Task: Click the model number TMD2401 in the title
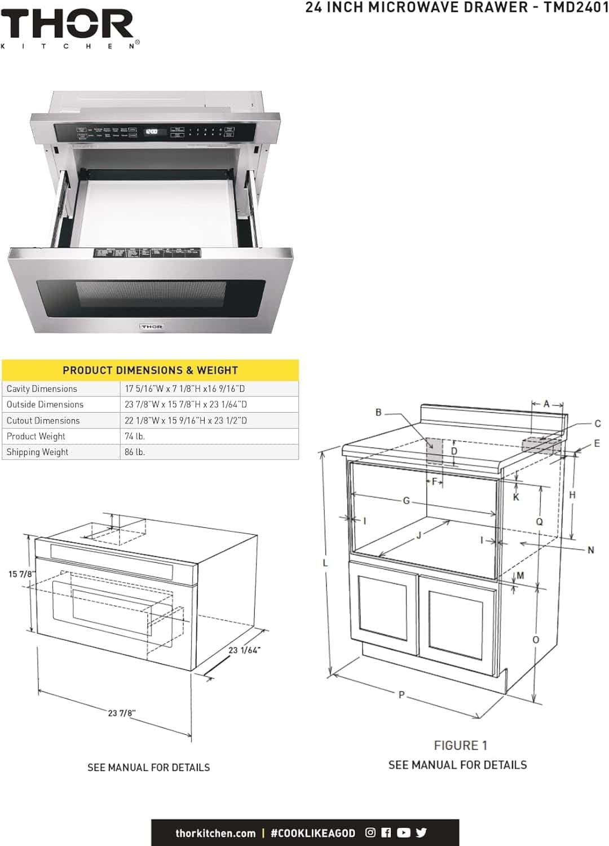[576, 7]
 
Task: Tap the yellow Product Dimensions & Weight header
[150, 371]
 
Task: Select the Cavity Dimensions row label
[42, 389]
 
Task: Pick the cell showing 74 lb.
[135, 436]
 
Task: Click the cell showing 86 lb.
[135, 452]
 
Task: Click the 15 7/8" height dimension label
[21, 574]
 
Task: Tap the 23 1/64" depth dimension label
[244, 650]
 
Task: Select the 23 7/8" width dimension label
[121, 713]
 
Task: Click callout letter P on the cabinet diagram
[401, 695]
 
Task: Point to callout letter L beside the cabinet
[325, 562]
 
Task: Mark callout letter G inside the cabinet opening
[406, 500]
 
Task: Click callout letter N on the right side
[590, 550]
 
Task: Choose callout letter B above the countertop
[379, 412]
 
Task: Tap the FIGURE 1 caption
[460, 746]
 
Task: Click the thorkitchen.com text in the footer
[215, 833]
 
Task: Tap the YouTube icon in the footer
[403, 832]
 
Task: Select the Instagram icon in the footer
[370, 832]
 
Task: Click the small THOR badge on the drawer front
[152, 327]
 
